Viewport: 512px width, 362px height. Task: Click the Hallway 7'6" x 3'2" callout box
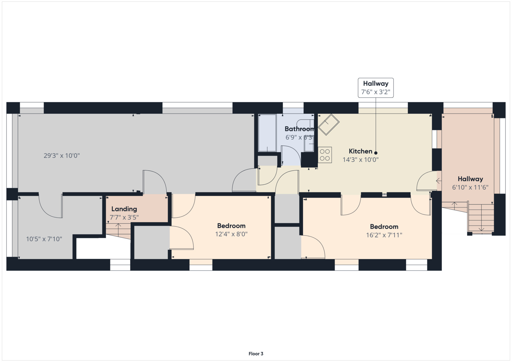(x=376, y=88)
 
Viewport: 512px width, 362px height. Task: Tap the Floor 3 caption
(x=256, y=354)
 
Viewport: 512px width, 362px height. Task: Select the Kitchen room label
(x=360, y=151)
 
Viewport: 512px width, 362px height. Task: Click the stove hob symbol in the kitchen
(x=325, y=155)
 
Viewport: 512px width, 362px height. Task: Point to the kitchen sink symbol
(x=329, y=124)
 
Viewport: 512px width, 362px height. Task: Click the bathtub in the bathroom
(x=267, y=133)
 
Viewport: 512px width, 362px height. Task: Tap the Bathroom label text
(x=299, y=129)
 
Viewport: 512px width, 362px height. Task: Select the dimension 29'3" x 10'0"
(x=62, y=156)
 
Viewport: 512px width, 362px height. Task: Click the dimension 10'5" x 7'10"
(x=44, y=239)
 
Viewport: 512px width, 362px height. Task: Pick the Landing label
(x=124, y=209)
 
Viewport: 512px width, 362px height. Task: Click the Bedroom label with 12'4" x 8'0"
(x=231, y=226)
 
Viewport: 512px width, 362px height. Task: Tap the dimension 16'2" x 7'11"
(x=384, y=235)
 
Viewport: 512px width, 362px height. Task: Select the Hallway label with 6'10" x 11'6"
(x=470, y=179)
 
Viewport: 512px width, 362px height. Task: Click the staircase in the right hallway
(x=481, y=218)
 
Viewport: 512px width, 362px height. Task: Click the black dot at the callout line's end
(x=376, y=153)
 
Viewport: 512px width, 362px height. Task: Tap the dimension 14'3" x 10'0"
(x=360, y=160)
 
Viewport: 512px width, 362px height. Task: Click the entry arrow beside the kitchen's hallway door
(x=439, y=181)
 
